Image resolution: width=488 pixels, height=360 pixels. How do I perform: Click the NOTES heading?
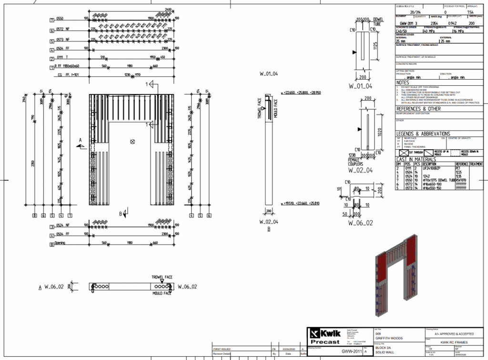click(x=403, y=82)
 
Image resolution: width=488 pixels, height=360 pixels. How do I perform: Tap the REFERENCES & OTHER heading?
click(x=418, y=109)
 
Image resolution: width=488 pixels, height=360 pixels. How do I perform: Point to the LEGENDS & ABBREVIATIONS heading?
click(x=423, y=134)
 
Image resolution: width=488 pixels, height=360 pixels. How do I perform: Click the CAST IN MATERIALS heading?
click(x=416, y=159)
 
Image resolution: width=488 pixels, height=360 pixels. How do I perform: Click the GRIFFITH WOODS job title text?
click(x=389, y=339)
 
